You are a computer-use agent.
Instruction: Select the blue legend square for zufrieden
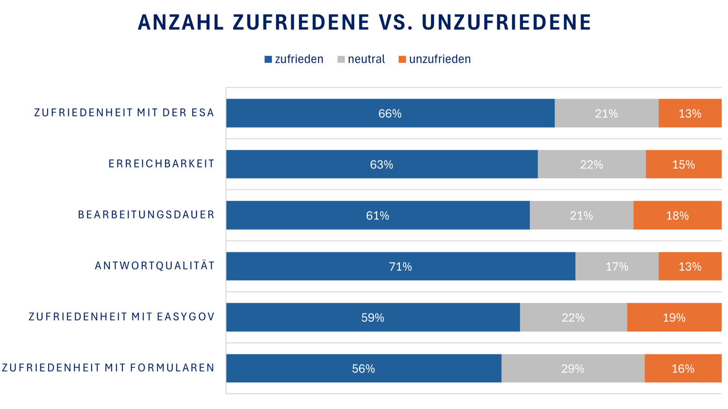[x=268, y=59]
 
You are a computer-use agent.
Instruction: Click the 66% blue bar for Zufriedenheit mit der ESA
[x=390, y=113]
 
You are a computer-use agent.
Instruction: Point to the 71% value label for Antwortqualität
[x=400, y=267]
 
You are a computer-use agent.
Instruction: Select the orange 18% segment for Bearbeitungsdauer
[x=677, y=216]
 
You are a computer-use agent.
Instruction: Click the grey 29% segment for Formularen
[x=573, y=369]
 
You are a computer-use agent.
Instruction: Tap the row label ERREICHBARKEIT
[x=161, y=164]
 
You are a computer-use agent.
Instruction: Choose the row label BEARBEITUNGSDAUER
[x=146, y=215]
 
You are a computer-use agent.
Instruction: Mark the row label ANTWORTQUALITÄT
[x=154, y=266]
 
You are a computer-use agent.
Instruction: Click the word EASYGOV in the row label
[x=186, y=317]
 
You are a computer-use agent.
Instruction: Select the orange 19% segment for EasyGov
[x=674, y=317]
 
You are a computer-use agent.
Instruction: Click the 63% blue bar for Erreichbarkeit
[x=381, y=165]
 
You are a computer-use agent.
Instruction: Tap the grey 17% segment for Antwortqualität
[x=617, y=267]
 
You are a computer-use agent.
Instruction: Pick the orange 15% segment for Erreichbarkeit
[x=683, y=165]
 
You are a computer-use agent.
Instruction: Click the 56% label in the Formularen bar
[x=363, y=369]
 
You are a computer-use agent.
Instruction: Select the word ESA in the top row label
[x=204, y=113]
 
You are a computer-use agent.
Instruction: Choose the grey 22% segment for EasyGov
[x=573, y=317]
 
